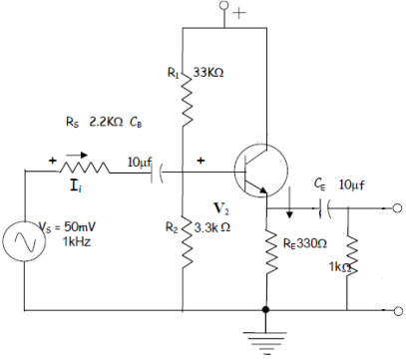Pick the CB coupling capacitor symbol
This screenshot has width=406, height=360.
tap(156, 171)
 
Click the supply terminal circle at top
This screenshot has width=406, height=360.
tap(226, 13)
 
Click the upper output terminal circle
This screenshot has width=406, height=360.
tap(397, 208)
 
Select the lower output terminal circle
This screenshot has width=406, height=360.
tap(397, 309)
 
